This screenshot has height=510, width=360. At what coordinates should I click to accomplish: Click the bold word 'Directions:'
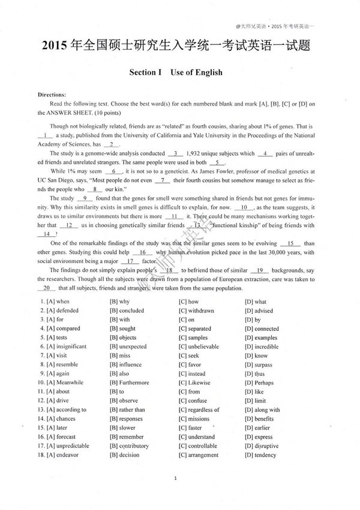52,95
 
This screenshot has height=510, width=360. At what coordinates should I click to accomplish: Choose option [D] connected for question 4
262,329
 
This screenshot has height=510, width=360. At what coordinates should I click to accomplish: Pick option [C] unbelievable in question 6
199,347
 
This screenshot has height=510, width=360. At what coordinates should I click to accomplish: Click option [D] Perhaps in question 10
259,383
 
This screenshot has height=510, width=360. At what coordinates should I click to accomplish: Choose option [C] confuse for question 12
193,401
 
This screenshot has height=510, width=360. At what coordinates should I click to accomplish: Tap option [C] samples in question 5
193,338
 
